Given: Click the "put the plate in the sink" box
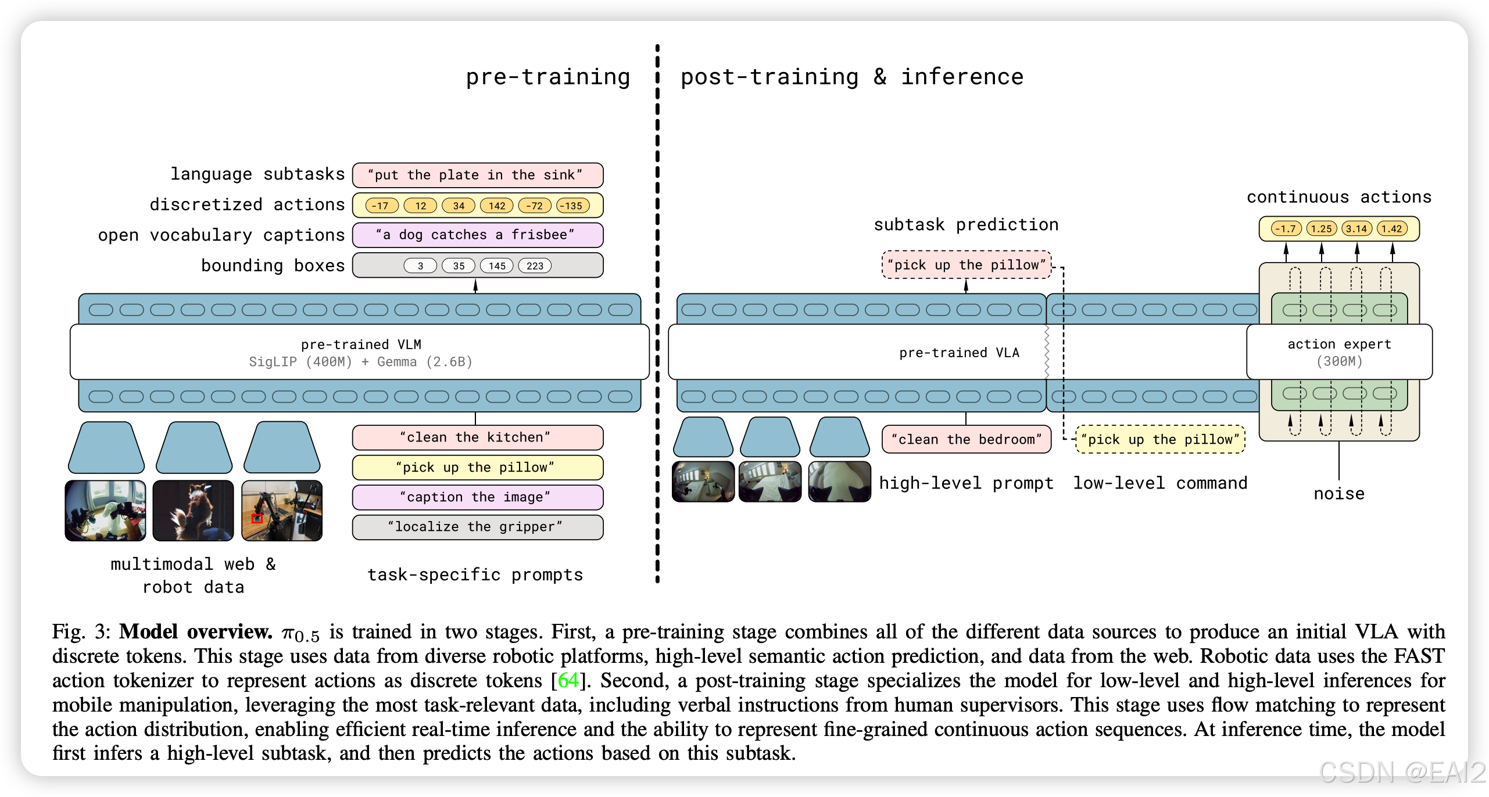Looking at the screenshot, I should coord(477,175).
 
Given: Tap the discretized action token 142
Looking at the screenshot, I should coord(497,206).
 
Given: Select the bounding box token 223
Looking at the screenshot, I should coord(535,266).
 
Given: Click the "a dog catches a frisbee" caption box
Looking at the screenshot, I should coord(477,235).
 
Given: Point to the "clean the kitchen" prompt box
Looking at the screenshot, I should coord(477,437).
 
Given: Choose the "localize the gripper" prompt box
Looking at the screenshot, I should coord(477,527).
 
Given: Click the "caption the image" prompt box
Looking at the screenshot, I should coord(477,497).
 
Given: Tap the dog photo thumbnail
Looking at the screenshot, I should coord(193,511).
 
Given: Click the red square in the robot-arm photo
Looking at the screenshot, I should coord(257,519).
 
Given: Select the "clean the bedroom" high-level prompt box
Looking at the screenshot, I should coord(966,440).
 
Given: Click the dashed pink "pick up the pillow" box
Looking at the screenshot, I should coord(966,265).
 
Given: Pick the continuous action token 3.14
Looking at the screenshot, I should coord(1356,229).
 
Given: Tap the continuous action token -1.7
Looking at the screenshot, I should coord(1286,229).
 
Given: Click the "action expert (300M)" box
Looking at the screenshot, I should coord(1339,352).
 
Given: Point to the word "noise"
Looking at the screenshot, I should coord(1339,494).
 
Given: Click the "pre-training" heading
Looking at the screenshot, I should coord(547,77).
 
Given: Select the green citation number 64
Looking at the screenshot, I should coord(568,680).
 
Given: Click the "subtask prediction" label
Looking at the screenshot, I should coord(966,225).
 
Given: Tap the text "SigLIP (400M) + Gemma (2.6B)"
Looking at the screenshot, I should coord(360,362).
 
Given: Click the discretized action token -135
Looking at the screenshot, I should coord(572,206).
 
